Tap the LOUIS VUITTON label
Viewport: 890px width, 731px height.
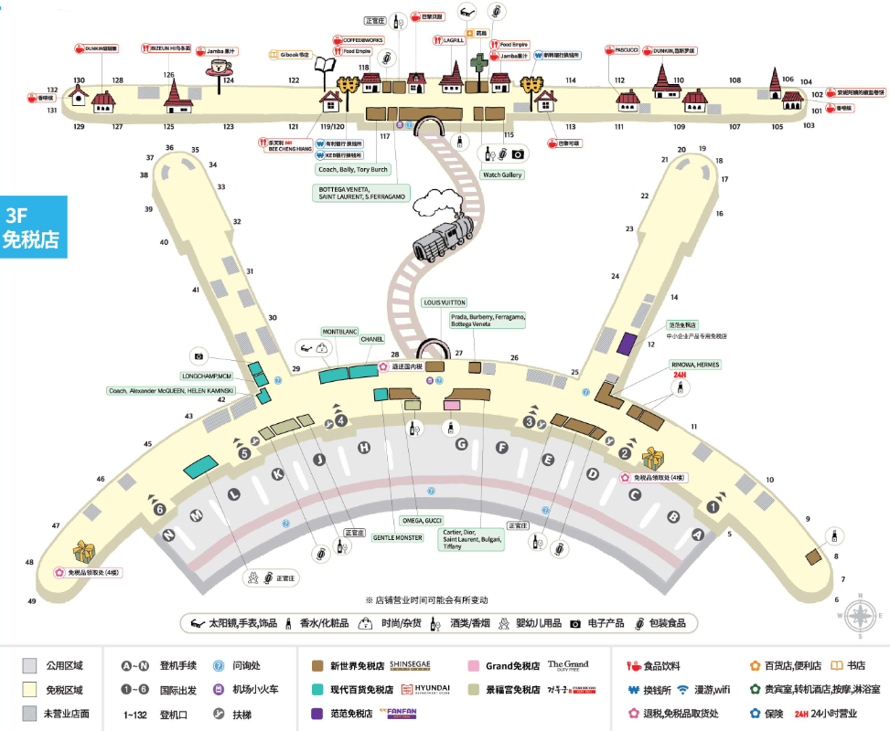coord(445,302)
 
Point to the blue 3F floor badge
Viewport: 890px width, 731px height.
coord(33,227)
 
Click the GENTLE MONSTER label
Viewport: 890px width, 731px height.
coord(398,537)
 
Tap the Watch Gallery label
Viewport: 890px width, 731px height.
coord(502,175)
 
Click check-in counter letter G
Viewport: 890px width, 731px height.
coord(462,444)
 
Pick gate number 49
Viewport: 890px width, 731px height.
coord(32,600)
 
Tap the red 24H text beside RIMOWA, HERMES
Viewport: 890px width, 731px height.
coord(679,375)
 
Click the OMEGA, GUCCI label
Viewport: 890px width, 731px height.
coord(422,521)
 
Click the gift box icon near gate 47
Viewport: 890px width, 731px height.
coord(84,551)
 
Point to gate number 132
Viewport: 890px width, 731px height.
coord(53,90)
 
